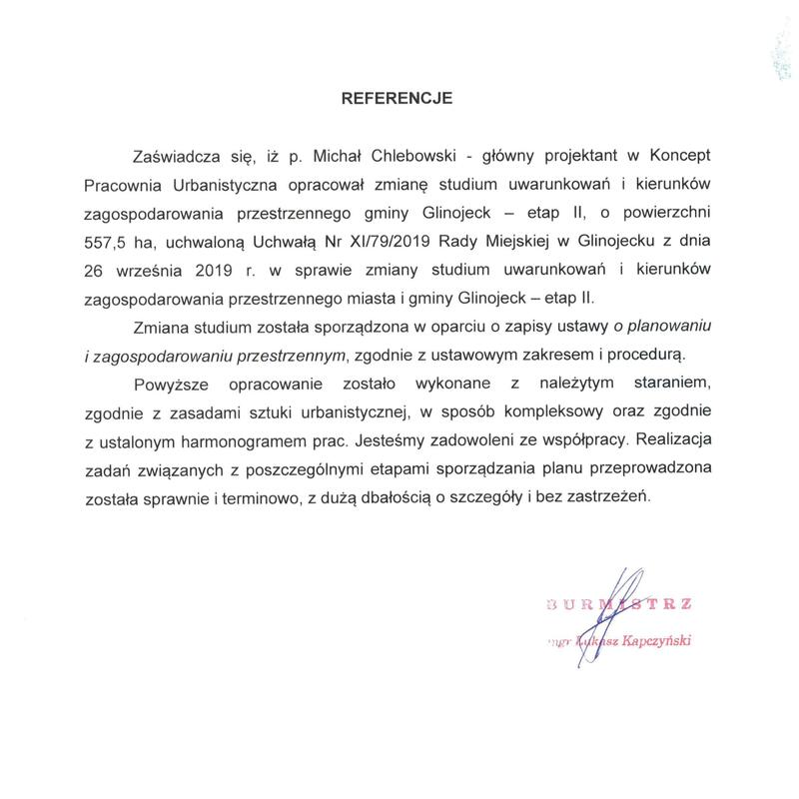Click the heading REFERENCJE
point(398,99)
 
